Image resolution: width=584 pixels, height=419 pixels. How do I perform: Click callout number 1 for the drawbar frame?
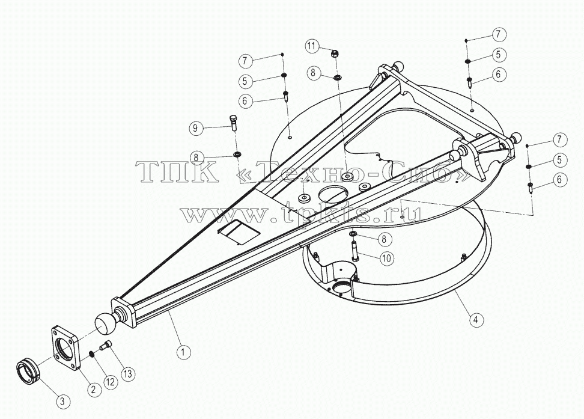(184, 352)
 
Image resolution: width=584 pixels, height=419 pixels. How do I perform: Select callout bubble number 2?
(94, 389)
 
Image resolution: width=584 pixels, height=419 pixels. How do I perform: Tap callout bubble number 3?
(62, 401)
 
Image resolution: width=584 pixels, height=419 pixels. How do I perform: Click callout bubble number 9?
(195, 129)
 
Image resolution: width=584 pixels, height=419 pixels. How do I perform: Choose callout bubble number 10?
(387, 258)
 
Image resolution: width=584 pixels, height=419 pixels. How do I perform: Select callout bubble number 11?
(312, 46)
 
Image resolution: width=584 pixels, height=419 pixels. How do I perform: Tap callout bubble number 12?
(111, 382)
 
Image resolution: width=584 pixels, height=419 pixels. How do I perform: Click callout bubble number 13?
(128, 374)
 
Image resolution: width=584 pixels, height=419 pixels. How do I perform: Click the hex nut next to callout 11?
(335, 54)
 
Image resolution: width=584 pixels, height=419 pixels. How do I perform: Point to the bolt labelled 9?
(233, 122)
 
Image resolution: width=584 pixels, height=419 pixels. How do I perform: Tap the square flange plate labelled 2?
(64, 348)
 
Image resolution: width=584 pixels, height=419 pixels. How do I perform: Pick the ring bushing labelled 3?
(27, 370)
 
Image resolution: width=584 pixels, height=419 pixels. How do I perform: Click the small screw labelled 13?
(105, 346)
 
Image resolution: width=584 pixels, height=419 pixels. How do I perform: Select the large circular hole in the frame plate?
(333, 193)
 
